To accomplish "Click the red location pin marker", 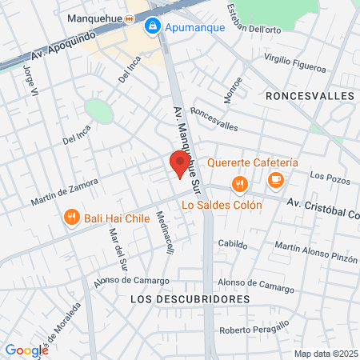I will pos(180,165).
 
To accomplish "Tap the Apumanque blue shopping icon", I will pos(151,26).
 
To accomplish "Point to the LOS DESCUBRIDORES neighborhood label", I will pos(189,298).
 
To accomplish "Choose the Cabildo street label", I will pos(232,245).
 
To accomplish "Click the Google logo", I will pos(26,350).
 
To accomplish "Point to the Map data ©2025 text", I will pos(326,354).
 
